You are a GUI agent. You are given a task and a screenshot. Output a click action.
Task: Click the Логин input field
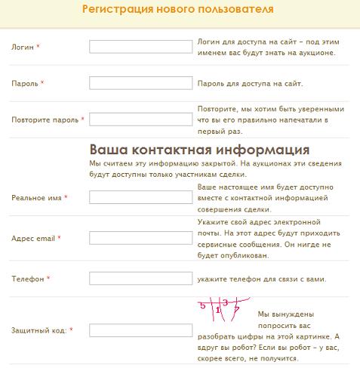tap(140, 47)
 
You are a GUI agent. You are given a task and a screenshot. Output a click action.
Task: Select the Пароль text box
tap(140, 83)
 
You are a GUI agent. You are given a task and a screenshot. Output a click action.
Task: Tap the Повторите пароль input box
tap(140, 119)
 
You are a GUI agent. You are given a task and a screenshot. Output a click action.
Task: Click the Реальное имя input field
tap(140, 197)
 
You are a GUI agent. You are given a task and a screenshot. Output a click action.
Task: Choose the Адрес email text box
tap(140, 238)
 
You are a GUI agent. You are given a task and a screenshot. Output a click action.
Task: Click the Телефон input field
tap(140, 278)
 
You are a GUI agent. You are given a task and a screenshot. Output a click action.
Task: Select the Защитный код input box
tap(140, 330)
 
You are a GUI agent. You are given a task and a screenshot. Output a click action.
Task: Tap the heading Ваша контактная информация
tap(199, 149)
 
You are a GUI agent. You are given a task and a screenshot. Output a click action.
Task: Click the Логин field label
tap(23, 47)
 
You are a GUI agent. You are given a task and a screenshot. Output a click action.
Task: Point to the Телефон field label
tap(27, 279)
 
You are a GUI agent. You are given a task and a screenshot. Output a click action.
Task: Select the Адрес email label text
tap(33, 238)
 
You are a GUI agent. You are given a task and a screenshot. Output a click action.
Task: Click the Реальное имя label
tap(36, 197)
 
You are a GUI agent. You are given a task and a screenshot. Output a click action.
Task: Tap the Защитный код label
tap(40, 330)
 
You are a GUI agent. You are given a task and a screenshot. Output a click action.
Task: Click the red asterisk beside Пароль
tap(42, 83)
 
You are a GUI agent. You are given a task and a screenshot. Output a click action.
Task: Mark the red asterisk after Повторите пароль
tap(82, 119)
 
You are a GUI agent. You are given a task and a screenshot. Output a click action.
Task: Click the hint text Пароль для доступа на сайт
tap(260, 84)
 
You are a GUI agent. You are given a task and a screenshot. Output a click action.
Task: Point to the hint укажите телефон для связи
tap(261, 279)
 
